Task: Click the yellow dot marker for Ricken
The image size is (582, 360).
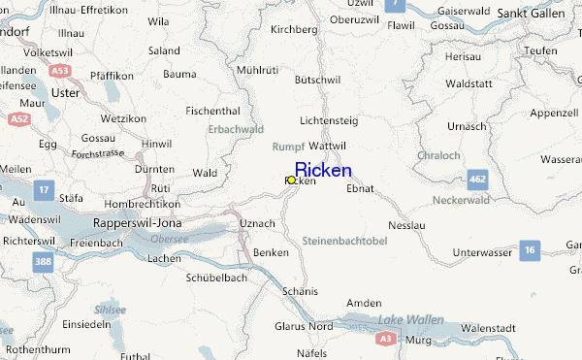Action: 291,180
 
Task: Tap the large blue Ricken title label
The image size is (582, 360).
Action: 323,170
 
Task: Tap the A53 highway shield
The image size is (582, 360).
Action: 60,71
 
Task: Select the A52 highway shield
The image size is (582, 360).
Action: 18,118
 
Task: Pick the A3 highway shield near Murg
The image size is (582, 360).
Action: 385,338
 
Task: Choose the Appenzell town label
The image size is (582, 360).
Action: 556,112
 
